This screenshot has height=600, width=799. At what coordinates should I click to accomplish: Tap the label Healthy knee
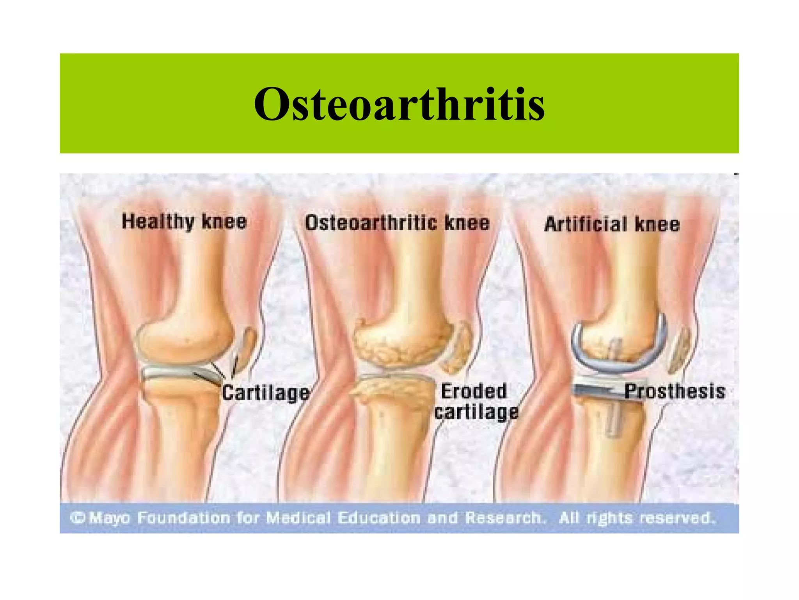184,222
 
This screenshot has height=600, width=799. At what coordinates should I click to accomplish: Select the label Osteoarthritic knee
397,223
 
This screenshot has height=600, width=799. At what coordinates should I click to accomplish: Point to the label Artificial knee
612,225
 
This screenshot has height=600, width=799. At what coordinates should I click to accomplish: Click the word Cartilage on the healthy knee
266,393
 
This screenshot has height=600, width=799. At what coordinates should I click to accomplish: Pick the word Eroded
474,391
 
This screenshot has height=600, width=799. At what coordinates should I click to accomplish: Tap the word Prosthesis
675,391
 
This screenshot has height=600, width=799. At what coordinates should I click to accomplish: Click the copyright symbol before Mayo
78,518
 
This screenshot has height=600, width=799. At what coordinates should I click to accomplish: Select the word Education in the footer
379,518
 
